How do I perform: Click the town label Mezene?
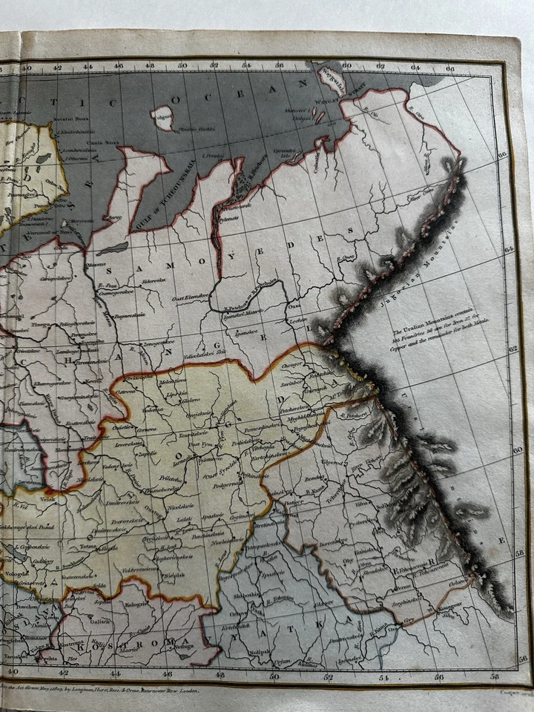96,265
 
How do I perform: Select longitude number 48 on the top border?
150,65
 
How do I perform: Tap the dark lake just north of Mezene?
113,248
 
